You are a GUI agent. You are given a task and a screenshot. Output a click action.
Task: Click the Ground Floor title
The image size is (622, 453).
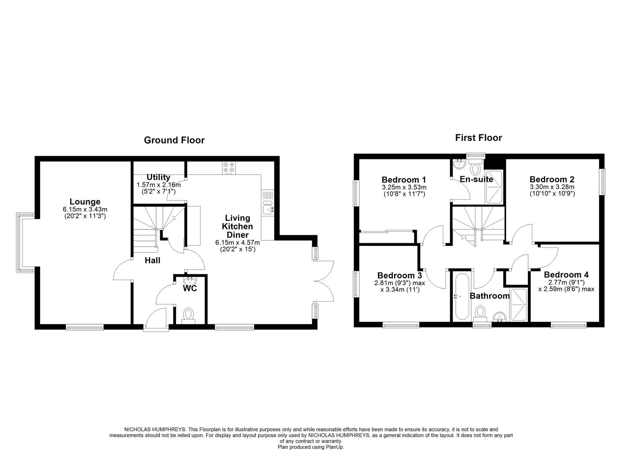click(x=174, y=140)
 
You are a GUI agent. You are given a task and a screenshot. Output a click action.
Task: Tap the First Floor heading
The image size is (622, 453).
click(x=478, y=138)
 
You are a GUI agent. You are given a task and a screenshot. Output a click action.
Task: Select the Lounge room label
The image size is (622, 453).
click(x=85, y=202)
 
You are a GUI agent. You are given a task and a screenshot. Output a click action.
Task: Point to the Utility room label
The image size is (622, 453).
click(x=158, y=177)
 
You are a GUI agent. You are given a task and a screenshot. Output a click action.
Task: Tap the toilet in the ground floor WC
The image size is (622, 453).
click(x=188, y=315)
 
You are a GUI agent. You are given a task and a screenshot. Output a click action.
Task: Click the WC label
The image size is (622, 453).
click(x=189, y=289)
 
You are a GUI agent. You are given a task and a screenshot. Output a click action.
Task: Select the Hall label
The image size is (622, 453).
click(x=152, y=260)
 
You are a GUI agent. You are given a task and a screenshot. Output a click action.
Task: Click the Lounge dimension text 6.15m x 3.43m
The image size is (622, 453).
click(x=85, y=209)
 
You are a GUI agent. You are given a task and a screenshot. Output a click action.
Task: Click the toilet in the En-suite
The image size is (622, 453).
click(x=475, y=169)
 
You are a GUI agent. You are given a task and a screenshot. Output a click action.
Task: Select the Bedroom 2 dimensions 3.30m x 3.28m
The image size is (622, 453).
click(x=552, y=187)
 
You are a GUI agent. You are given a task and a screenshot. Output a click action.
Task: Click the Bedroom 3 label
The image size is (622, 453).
click(x=400, y=275)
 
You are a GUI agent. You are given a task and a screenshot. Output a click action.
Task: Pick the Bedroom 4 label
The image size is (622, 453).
click(x=566, y=275)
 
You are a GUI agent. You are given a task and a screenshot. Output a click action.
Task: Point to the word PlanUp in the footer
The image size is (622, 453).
click(x=334, y=447)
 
